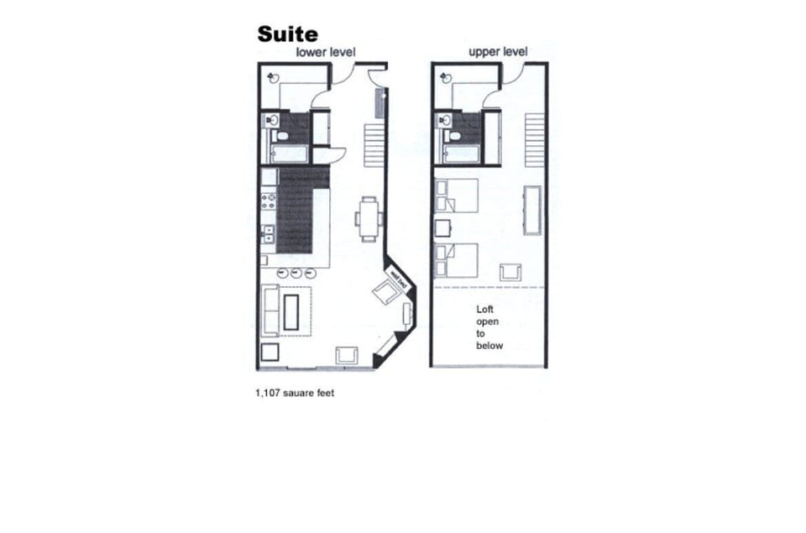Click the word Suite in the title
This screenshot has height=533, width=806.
(x=287, y=34)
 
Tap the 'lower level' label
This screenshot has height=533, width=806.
(x=325, y=52)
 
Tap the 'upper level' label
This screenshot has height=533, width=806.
(x=498, y=52)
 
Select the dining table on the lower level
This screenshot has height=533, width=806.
(x=369, y=218)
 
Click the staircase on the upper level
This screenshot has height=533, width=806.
(x=535, y=140)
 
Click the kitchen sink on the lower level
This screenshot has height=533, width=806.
(x=270, y=234)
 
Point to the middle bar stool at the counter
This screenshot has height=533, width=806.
(x=296, y=272)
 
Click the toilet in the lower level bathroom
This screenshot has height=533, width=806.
(x=282, y=135)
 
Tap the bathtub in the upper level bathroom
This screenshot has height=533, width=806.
(x=459, y=154)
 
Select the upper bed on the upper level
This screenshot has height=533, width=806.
(x=457, y=196)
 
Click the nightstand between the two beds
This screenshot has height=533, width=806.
(x=442, y=227)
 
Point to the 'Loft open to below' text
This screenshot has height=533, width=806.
(x=489, y=327)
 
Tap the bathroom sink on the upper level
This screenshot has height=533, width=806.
(x=442, y=121)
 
